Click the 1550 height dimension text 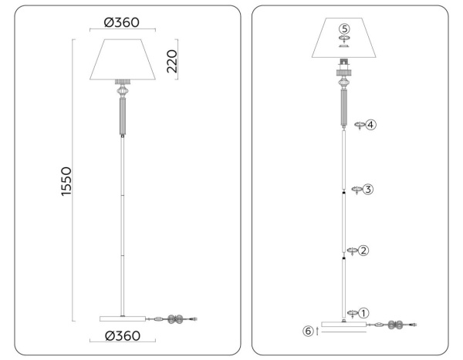66,182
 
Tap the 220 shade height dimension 172,60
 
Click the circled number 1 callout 364,313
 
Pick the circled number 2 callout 363,251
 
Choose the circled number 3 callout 367,189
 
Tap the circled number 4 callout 370,123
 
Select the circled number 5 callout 345,29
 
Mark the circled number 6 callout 309,331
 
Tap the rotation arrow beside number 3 355,190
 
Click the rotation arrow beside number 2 352,251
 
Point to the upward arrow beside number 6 318,331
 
